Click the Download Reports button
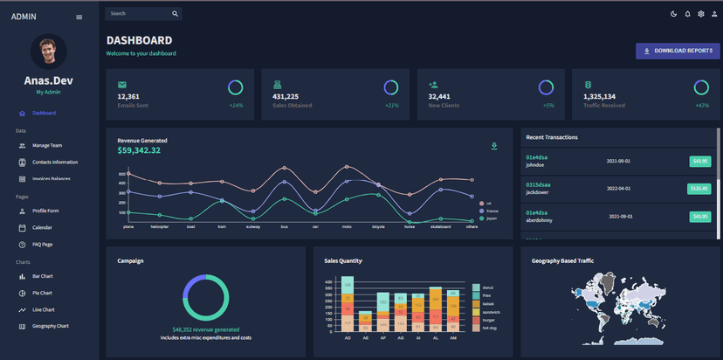pyautogui.click(x=678, y=51)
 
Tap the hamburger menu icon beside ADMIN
pyautogui.click(x=79, y=17)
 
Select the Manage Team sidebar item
pyautogui.click(x=46, y=146)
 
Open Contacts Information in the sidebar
pyautogui.click(x=54, y=163)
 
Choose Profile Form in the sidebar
pyautogui.click(x=45, y=211)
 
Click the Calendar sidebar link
pyautogui.click(x=42, y=227)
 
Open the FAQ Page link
pyautogui.click(x=42, y=245)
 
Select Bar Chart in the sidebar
pyautogui.click(x=42, y=276)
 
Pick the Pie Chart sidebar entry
pyautogui.click(x=42, y=293)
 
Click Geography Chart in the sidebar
pyautogui.click(x=50, y=326)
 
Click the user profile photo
pyautogui.click(x=49, y=52)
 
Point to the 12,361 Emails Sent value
pyautogui.click(x=128, y=96)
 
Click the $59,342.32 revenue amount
pyautogui.click(x=139, y=150)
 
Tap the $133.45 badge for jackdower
pyautogui.click(x=699, y=188)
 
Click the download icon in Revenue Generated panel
pyautogui.click(x=494, y=146)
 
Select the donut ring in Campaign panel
pyautogui.click(x=206, y=296)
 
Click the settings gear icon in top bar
pyautogui.click(x=700, y=14)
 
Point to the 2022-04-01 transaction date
pyautogui.click(x=619, y=188)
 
